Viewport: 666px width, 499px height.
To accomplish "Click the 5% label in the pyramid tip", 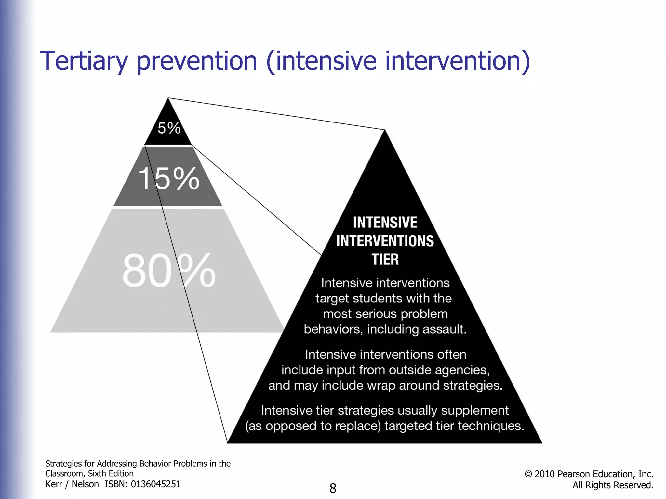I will pyautogui.click(x=169, y=128).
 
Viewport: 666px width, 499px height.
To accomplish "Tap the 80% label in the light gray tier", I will pyautogui.click(x=169, y=271).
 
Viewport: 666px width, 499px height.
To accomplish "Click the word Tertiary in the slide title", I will pyautogui.click(x=84, y=61).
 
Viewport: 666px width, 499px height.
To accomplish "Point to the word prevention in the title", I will pyautogui.click(x=197, y=61).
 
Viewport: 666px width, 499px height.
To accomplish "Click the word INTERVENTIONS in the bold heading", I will pyautogui.click(x=385, y=241).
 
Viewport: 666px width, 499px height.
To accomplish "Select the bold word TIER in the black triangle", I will pyautogui.click(x=385, y=260).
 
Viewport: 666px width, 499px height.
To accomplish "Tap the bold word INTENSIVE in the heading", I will pyautogui.click(x=385, y=223).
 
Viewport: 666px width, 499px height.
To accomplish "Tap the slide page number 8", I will pyautogui.click(x=333, y=488).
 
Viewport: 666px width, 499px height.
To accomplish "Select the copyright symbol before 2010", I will pyautogui.click(x=528, y=474).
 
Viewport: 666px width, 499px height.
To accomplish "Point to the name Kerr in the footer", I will pyautogui.click(x=54, y=484).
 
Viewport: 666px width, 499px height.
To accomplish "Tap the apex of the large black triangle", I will pyautogui.click(x=385, y=131).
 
